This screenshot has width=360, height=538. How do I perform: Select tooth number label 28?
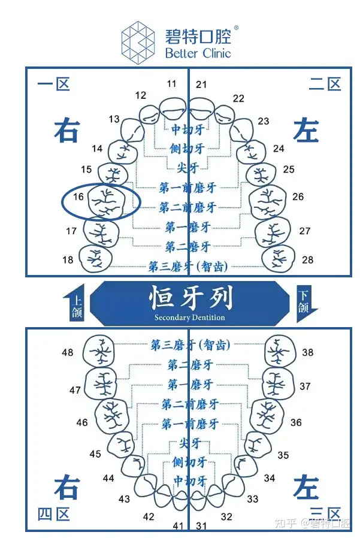307,259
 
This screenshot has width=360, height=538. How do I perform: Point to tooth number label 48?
68,352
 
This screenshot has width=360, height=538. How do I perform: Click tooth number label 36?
296,422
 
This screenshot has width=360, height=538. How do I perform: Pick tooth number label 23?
264,121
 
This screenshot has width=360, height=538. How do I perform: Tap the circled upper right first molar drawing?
106,202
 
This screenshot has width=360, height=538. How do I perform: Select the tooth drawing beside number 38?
279,351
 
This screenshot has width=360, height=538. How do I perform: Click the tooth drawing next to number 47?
101,383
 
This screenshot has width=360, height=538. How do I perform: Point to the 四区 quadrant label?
54,514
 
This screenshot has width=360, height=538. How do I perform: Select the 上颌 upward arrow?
77,303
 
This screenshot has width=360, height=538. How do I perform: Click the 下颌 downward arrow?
305,303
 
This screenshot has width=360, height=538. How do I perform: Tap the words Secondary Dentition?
190,318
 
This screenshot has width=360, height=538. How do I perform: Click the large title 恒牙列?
190,298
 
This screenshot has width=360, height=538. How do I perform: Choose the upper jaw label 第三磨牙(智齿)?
188,265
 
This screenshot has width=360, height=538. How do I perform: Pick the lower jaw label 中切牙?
189,480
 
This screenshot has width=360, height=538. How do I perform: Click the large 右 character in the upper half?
66,130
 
